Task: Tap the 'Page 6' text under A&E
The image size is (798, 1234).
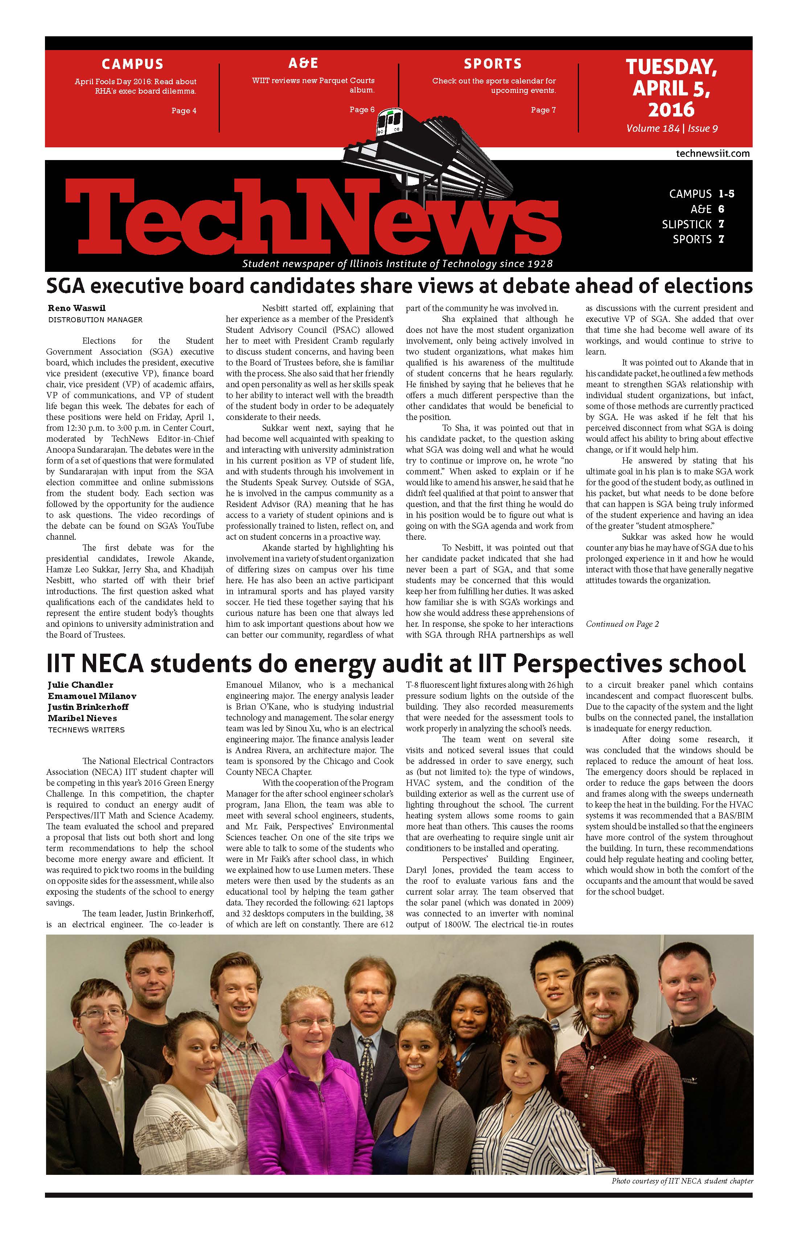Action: tap(362, 109)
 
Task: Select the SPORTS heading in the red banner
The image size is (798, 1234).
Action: tap(492, 64)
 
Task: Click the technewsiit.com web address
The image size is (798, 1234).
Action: tap(712, 154)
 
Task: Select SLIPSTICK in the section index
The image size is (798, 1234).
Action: tap(687, 224)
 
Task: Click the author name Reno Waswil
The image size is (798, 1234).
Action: tap(77, 308)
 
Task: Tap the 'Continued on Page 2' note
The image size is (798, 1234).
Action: tap(622, 624)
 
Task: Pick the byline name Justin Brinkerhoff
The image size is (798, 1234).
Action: tap(88, 707)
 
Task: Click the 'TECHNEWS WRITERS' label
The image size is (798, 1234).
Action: tap(86, 730)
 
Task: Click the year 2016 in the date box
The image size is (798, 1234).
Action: tap(671, 109)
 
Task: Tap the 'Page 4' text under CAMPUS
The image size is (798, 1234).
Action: tap(184, 110)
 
